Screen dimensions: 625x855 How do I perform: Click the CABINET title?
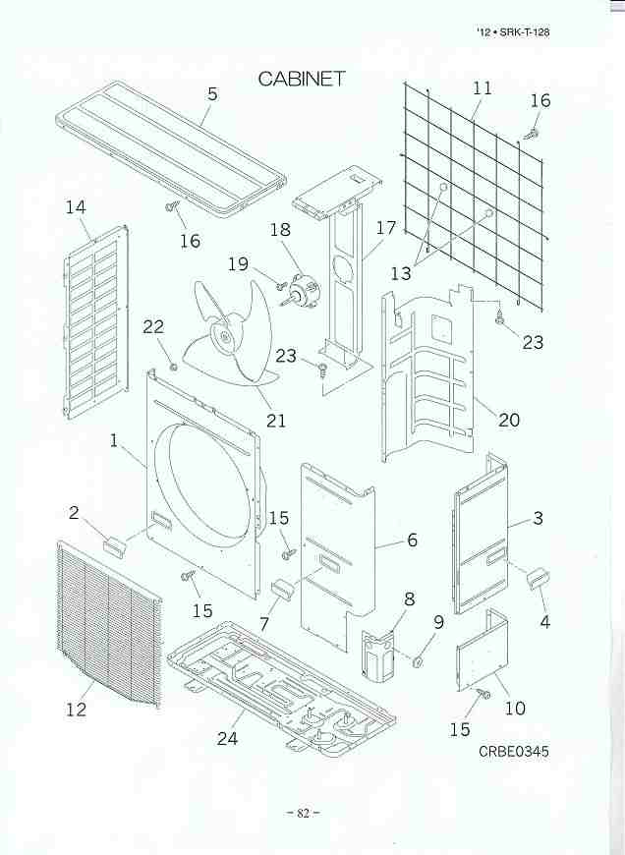[x=302, y=79]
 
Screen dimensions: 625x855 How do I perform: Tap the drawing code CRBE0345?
[x=514, y=751]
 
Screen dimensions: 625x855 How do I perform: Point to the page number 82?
[x=304, y=813]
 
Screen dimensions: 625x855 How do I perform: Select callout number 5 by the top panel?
[x=212, y=93]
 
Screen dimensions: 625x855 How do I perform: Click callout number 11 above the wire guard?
[x=483, y=87]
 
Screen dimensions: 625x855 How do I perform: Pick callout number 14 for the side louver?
[x=76, y=207]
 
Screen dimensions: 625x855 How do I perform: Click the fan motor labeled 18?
[x=306, y=288]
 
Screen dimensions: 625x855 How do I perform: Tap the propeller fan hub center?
[x=224, y=339]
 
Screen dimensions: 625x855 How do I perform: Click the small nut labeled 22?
[x=173, y=367]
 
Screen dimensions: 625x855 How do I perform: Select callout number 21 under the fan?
[x=276, y=420]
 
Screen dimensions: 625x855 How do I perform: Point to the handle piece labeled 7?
[x=282, y=590]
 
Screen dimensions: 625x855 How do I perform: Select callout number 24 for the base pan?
[x=227, y=738]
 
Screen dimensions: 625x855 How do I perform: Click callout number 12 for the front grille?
[x=77, y=710]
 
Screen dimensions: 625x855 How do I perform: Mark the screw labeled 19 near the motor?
[x=281, y=285]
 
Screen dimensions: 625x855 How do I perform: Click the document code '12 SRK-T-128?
[x=513, y=32]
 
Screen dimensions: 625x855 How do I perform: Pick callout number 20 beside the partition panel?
[x=508, y=420]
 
